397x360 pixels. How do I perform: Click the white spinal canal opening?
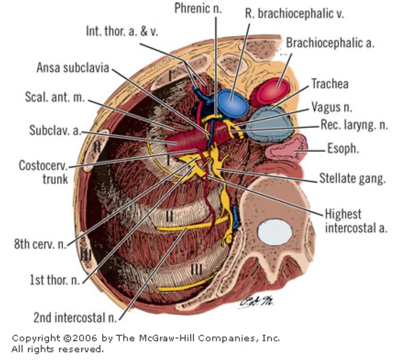click(x=275, y=232)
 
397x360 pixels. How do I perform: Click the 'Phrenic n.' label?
click(x=198, y=8)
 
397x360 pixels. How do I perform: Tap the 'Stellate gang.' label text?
click(x=353, y=179)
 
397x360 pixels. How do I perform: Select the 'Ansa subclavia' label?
click(x=73, y=68)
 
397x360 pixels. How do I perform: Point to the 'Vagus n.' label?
click(x=332, y=107)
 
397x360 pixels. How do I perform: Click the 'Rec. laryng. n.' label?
click(x=354, y=125)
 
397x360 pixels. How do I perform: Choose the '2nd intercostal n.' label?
click(x=75, y=317)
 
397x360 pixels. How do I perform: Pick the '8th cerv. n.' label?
click(x=40, y=244)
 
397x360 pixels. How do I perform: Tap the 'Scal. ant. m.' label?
click(x=54, y=97)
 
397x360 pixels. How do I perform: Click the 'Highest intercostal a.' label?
click(x=356, y=221)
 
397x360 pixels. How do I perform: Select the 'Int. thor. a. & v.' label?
click(x=122, y=32)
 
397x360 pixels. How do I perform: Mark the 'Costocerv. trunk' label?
click(x=43, y=172)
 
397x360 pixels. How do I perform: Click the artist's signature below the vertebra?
click(x=256, y=302)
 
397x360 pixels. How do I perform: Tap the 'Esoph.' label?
click(x=343, y=148)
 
